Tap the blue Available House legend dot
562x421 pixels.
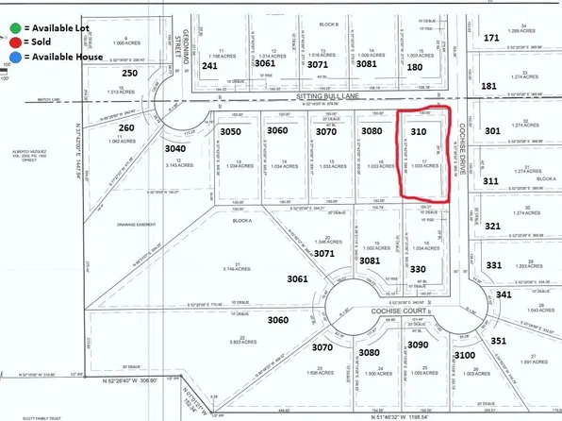click(8, 57)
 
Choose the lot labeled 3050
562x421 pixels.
click(232, 131)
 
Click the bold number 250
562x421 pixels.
click(130, 73)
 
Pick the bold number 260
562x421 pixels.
click(127, 127)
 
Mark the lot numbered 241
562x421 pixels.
click(209, 66)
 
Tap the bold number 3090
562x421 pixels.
click(417, 347)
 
